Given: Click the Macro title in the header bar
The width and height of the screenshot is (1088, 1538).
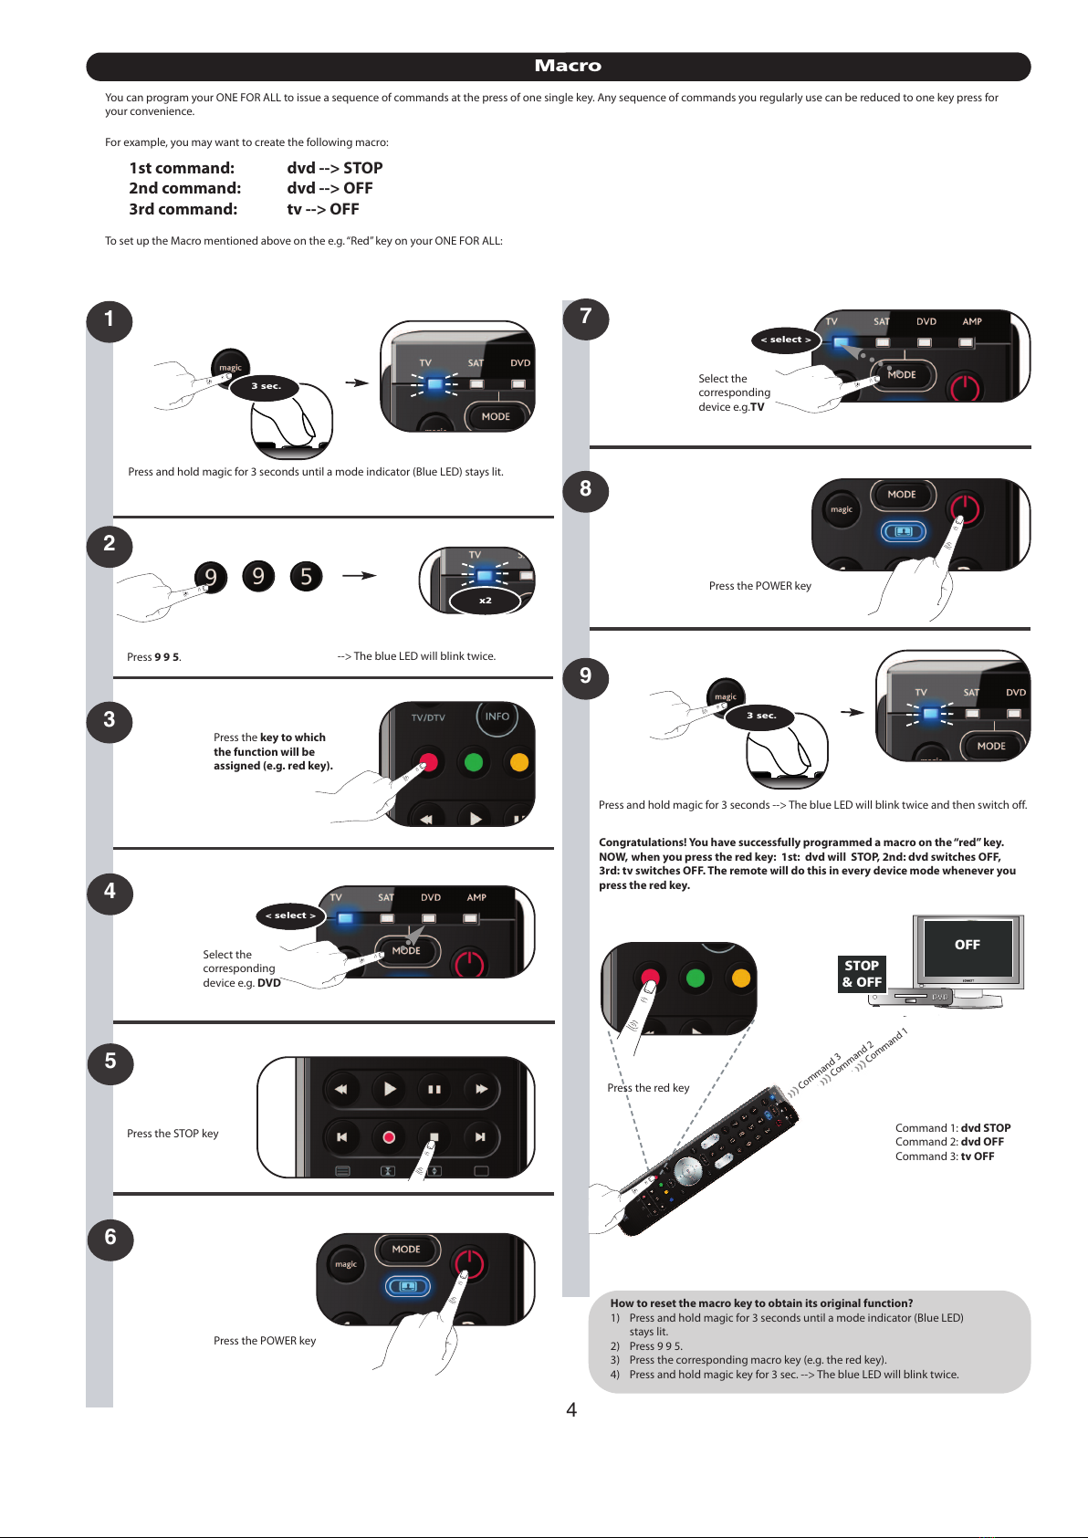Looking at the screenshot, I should click(568, 66).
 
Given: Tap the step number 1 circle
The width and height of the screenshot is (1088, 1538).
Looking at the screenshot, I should click(110, 320).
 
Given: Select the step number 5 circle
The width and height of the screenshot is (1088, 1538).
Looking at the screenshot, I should click(110, 1062).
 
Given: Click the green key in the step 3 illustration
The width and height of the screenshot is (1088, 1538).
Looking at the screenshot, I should click(473, 762).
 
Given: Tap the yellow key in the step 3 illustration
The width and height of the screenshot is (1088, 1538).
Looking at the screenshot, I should click(518, 762).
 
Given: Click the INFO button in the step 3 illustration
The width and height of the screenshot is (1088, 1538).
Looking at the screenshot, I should click(497, 717).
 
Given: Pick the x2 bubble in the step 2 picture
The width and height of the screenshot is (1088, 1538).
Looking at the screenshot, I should click(486, 601).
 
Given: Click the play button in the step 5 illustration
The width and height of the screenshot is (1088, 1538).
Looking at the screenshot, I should click(390, 1089).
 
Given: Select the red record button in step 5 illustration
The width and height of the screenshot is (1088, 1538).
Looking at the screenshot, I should click(389, 1137).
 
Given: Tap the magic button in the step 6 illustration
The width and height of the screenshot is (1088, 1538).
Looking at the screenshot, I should click(346, 1265).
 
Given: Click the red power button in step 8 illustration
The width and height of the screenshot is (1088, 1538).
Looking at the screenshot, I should click(964, 508).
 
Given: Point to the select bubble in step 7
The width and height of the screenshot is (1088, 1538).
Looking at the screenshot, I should click(786, 340).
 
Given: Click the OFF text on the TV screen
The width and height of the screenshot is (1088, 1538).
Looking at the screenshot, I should click(968, 946).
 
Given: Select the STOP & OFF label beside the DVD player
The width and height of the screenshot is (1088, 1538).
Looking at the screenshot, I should click(862, 974).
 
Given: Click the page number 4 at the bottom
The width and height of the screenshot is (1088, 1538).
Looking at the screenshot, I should click(571, 1410).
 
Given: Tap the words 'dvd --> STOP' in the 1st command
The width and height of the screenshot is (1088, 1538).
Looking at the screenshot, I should click(335, 168).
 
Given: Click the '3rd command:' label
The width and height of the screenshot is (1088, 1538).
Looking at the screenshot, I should click(183, 209).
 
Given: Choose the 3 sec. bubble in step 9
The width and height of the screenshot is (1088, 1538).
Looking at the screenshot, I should click(761, 717).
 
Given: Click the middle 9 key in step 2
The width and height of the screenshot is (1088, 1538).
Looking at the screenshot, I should click(259, 576).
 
